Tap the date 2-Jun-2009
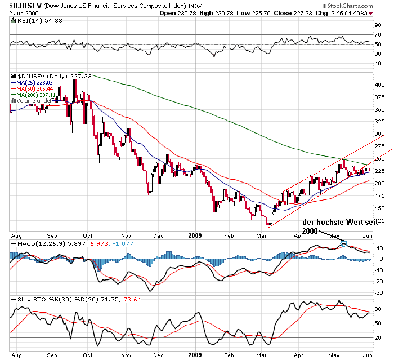tap(15, 12)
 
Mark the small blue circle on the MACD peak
tap(344, 245)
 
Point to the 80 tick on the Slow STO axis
tap(379, 309)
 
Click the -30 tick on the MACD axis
tap(380, 292)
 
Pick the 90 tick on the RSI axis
tap(379, 26)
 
